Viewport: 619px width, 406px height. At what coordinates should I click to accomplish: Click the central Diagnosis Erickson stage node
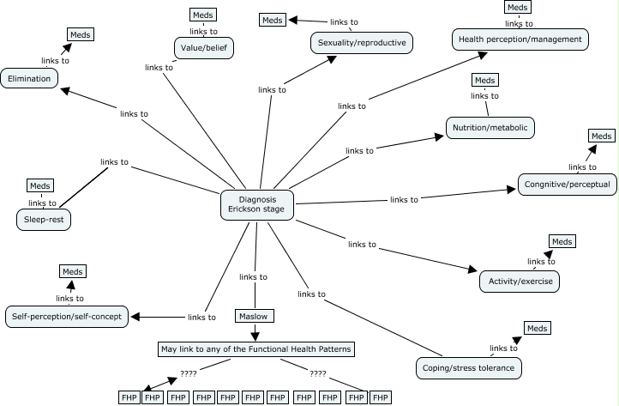[x=258, y=203]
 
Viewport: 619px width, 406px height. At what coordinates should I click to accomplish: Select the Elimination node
[x=30, y=78]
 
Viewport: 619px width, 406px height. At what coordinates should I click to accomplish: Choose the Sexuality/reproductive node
[x=361, y=42]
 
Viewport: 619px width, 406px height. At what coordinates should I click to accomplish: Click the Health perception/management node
[x=520, y=39]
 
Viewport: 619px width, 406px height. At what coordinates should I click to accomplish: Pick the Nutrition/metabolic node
[x=490, y=128]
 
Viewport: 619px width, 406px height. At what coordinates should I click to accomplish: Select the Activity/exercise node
[x=520, y=282]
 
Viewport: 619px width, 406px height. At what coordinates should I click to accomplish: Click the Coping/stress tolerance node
[x=468, y=368]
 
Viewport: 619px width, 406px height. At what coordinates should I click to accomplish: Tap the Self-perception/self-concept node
[x=68, y=317]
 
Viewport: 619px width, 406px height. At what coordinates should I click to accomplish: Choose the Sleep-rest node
[x=44, y=220]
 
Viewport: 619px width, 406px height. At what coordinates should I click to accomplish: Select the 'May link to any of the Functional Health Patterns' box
[x=256, y=349]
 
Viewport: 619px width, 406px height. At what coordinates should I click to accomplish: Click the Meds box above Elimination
[x=80, y=34]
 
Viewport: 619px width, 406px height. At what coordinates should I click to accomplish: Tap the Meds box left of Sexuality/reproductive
[x=273, y=20]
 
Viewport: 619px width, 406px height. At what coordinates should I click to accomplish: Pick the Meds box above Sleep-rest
[x=40, y=185]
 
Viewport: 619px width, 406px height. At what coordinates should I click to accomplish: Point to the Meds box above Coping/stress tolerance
[x=537, y=328]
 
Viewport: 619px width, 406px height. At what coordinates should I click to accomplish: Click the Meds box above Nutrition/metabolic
[x=485, y=80]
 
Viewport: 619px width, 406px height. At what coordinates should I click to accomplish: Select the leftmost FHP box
[x=129, y=397]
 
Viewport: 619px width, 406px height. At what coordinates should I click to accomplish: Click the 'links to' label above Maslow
[x=253, y=276]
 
